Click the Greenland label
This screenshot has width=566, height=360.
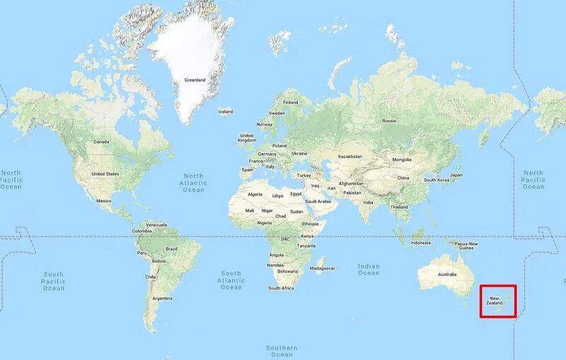[195, 80]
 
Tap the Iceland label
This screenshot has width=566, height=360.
[226, 112]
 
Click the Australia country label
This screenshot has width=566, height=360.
[447, 274]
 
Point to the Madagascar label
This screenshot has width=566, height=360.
[322, 268]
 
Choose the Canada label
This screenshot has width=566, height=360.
[102, 141]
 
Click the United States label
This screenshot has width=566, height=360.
[105, 173]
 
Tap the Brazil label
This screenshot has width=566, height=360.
[171, 249]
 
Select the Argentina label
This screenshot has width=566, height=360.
[163, 298]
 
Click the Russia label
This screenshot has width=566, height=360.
[389, 120]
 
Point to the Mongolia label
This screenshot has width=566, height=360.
[402, 159]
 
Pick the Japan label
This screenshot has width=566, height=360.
[456, 175]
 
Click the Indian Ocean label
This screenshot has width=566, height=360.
[369, 269]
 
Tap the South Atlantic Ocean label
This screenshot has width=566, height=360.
[231, 280]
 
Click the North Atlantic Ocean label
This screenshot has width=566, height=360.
[193, 183]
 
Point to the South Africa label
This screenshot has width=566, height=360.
[282, 288]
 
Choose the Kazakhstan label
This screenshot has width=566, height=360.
[350, 156]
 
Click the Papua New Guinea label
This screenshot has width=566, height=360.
[466, 245]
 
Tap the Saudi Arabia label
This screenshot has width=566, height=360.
[318, 201]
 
